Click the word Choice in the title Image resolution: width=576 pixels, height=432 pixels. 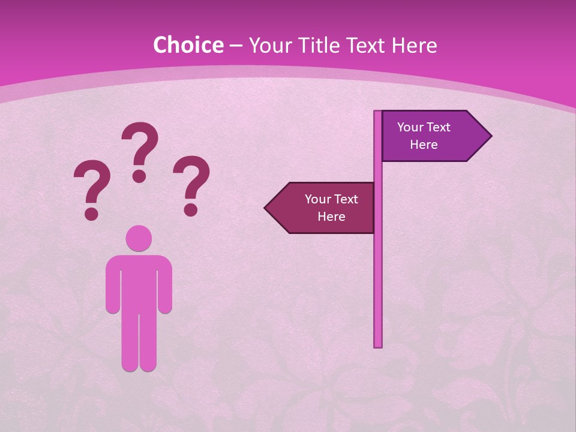(188, 45)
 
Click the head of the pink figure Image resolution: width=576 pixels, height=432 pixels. (139, 238)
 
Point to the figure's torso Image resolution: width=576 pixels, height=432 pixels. (139, 282)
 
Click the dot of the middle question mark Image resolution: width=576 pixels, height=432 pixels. (139, 176)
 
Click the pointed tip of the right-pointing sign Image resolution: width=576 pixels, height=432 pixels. (490, 136)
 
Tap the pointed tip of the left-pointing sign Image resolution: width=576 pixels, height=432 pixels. (266, 208)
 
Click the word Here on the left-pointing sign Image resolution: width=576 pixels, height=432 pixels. (331, 217)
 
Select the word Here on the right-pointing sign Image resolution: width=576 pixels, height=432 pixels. (424, 145)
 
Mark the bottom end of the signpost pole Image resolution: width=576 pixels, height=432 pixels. (378, 345)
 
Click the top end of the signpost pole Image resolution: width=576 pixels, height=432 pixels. (378, 112)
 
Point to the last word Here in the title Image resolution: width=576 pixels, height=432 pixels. (414, 45)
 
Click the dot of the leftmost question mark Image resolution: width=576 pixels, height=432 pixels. (91, 214)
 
